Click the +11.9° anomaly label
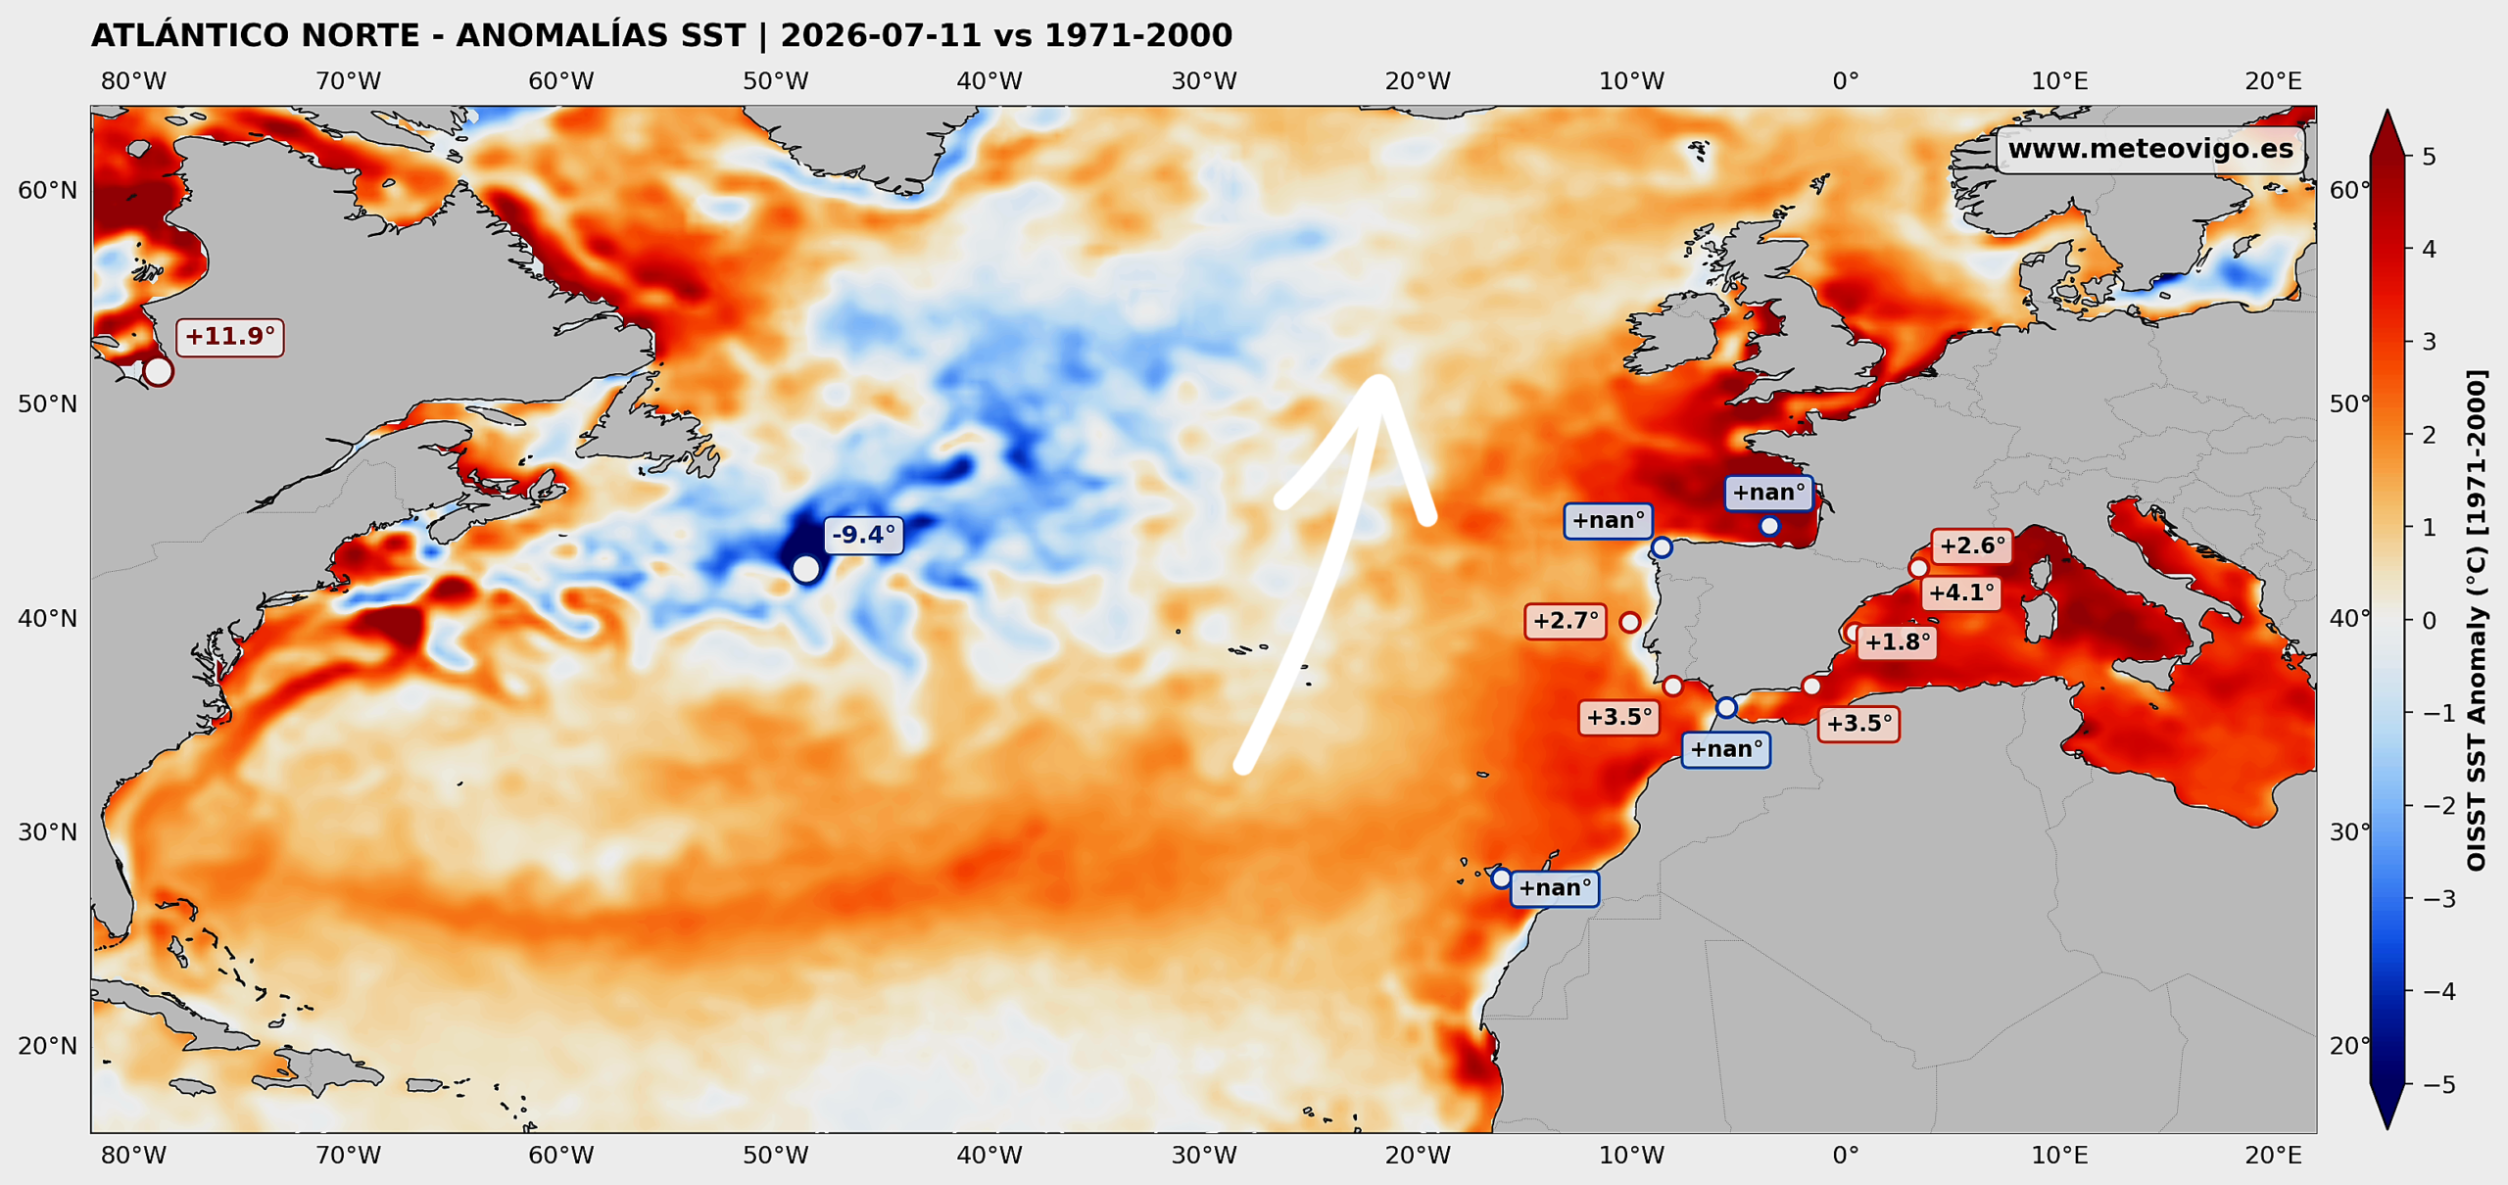229,337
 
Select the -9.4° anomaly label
863,535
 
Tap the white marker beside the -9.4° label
805,569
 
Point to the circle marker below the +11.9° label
158,372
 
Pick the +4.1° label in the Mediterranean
1961,593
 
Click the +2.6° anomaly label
1972,546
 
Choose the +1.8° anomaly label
1898,642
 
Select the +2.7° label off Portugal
1566,621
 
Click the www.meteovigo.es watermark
2150,149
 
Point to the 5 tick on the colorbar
2429,157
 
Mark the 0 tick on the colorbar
2429,621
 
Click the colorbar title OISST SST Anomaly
2477,620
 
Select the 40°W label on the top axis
989,81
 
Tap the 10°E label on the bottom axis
2059,1156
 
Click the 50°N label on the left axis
47,404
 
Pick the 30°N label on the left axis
47,832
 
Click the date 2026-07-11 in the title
881,36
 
